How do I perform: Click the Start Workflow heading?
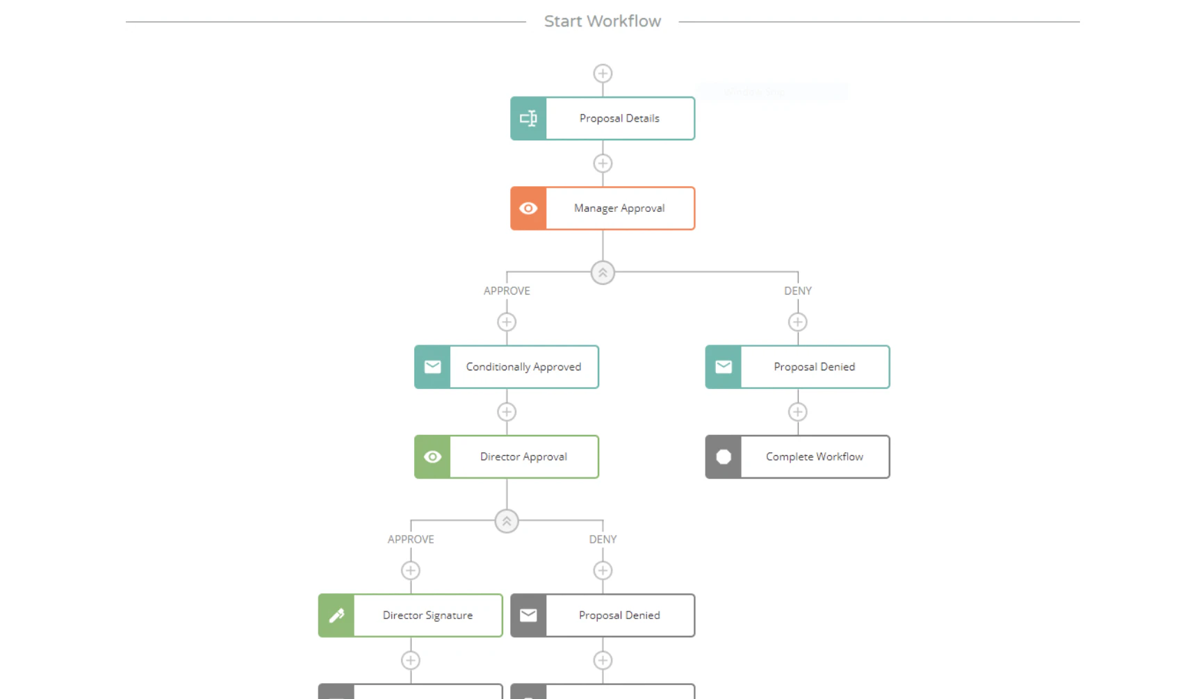602,22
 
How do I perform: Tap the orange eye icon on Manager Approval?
528,208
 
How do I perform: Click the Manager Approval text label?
619,208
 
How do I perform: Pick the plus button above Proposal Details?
603,74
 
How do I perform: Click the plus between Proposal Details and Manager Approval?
603,163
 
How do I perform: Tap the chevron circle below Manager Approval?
603,272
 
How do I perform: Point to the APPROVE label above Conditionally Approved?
507,291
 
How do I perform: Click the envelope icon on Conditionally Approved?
432,367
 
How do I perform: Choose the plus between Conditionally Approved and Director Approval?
507,412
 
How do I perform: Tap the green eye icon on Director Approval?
432,457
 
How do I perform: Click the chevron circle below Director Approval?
507,521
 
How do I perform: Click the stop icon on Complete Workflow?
724,457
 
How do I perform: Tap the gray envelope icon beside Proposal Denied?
528,615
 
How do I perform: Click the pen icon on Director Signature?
336,615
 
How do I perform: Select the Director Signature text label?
427,616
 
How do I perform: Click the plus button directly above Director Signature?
411,570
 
